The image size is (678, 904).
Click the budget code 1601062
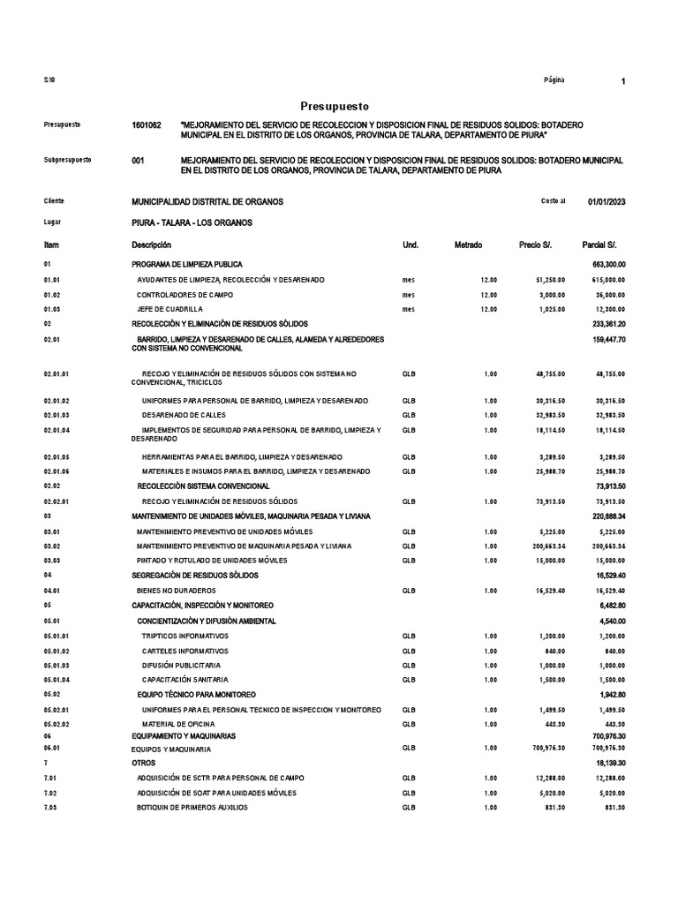coord(147,126)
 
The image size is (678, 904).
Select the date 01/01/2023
coord(606,201)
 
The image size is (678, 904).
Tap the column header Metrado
coord(468,245)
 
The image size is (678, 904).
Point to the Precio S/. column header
coord(536,245)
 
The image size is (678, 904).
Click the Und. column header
coord(411,245)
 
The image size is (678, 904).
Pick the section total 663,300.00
coord(604,264)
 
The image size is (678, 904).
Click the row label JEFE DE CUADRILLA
coord(170,309)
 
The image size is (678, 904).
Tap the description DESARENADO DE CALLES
coord(184,415)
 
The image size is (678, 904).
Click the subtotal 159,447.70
coord(604,339)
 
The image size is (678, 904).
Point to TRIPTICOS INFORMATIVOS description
coord(185,636)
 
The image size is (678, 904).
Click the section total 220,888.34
coord(604,516)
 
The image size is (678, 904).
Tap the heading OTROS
coord(143,762)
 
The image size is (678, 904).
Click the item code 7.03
coord(51,808)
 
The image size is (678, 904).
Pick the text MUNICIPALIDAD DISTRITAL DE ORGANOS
coord(207,201)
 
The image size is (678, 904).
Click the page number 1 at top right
coord(623,81)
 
